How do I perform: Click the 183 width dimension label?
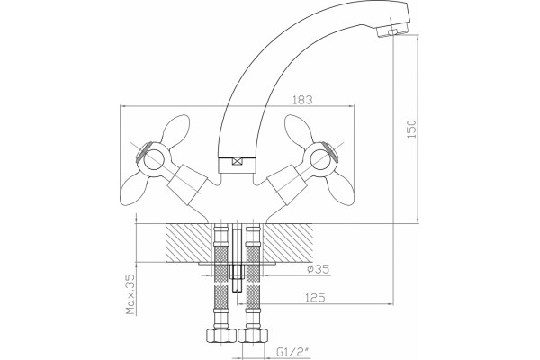302,100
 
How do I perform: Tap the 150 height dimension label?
411,130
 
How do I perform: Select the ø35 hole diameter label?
319,269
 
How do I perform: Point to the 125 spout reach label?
315,297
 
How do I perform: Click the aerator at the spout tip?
392,31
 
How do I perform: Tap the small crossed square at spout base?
237,161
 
